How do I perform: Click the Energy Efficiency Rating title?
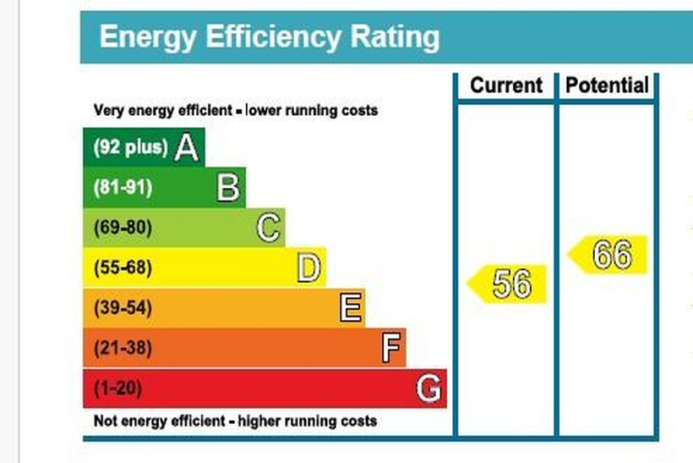tap(269, 38)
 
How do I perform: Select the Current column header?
tap(505, 85)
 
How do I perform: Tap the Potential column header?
tap(607, 85)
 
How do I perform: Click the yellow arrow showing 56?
tap(508, 284)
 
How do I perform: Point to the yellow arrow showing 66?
tap(608, 254)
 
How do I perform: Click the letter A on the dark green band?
tap(187, 148)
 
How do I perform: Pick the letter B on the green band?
tap(228, 188)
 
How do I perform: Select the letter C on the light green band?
tap(268, 228)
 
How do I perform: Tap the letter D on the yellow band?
tap(308, 268)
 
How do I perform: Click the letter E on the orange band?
tap(351, 308)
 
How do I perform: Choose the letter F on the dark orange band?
tap(390, 348)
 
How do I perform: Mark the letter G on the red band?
tap(428, 389)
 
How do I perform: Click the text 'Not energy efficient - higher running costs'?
tap(235, 422)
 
